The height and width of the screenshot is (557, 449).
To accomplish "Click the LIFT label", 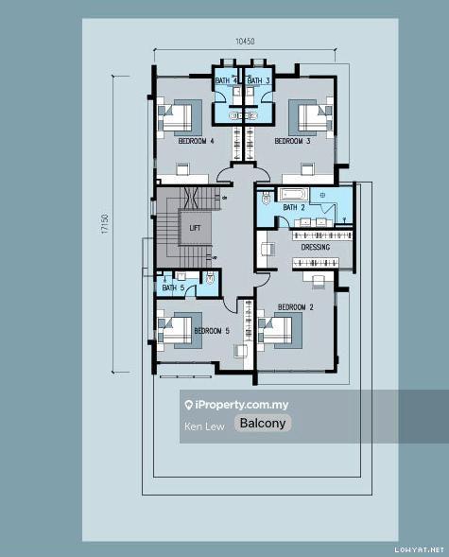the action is point(195,228).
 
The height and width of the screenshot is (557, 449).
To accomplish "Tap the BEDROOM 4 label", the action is point(196,141).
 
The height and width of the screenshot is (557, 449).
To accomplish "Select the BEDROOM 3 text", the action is point(292,141).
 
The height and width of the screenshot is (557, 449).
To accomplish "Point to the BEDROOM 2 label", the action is point(296,307).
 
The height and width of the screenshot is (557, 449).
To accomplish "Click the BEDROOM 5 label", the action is point(212,331).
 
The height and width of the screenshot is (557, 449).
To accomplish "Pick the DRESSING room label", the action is point(315,247).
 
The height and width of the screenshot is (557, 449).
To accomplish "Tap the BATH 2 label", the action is point(294,207).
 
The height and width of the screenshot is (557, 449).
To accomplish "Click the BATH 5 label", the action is point(173,287).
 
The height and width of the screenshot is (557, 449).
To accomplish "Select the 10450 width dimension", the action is point(245,42).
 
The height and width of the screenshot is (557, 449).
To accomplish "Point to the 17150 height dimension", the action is point(104,223).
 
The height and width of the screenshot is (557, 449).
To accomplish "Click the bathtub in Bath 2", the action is point(293,195).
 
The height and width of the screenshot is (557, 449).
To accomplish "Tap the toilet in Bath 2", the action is point(266,198).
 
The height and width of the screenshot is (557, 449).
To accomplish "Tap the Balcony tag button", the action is point(263,423).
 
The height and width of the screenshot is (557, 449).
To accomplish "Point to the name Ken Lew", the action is point(204,426).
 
